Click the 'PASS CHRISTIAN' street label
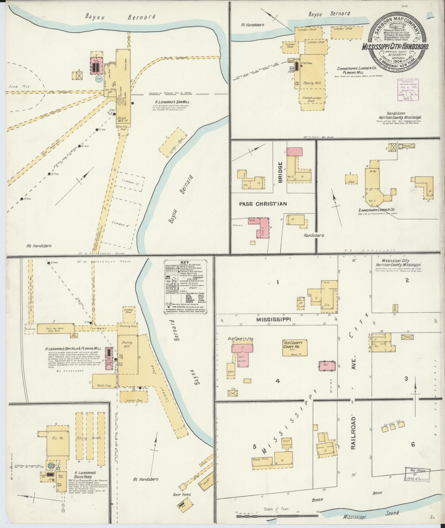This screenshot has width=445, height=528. (x=263, y=204)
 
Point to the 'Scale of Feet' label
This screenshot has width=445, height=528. (x=276, y=508)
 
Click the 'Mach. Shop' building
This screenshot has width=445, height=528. (x=104, y=386)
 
